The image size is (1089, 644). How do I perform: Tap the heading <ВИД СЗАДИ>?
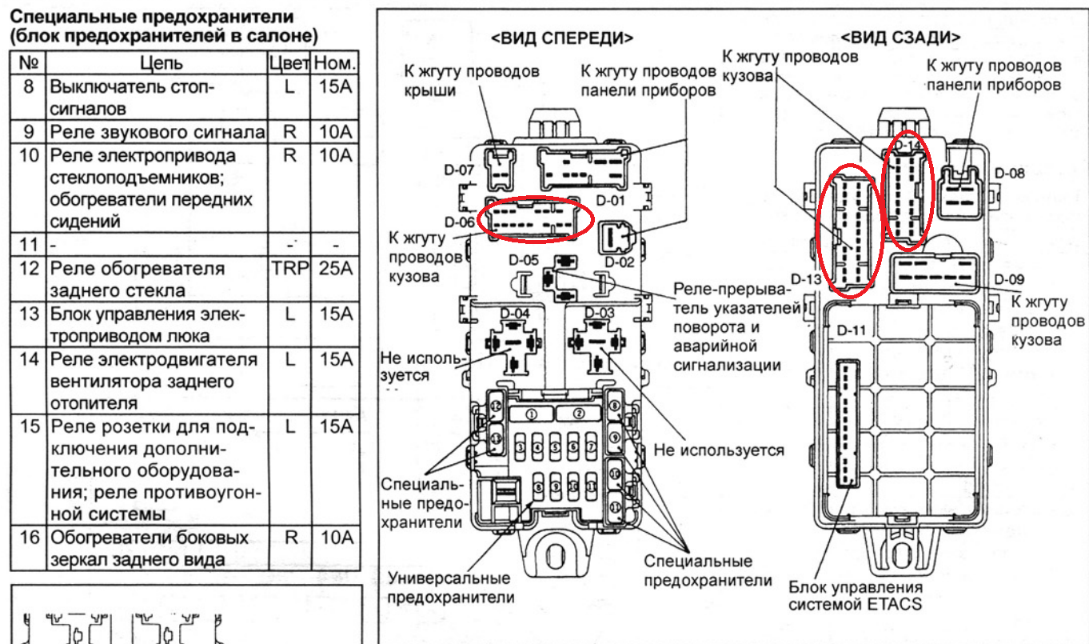tap(901, 38)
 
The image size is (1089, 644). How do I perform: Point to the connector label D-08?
tap(1010, 172)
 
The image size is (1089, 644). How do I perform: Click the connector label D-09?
tap(1010, 279)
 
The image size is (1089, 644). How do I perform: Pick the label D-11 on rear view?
tap(852, 330)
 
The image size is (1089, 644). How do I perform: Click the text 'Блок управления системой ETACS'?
tap(855, 594)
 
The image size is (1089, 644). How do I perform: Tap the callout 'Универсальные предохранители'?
tap(450, 587)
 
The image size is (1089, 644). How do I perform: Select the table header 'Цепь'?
tap(161, 63)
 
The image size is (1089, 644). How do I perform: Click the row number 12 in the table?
tap(30, 269)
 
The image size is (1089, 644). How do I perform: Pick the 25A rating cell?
tap(335, 269)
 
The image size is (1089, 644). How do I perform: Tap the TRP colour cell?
tap(289, 269)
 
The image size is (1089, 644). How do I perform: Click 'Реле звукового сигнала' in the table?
tap(157, 132)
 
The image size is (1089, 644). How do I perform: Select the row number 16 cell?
tap(30, 538)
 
